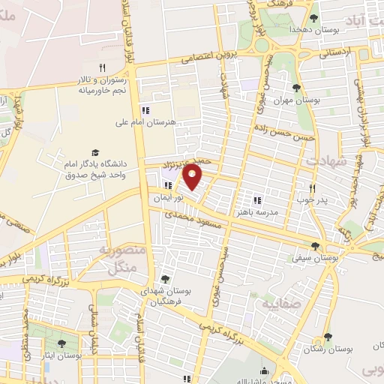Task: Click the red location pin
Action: click(x=193, y=175)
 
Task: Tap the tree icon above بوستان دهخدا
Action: click(x=313, y=18)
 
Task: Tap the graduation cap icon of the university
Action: click(x=95, y=152)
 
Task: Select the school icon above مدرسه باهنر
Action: click(x=257, y=200)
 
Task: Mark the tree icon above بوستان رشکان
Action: click(x=328, y=337)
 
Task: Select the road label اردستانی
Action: click(x=334, y=54)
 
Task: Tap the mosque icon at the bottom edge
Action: click(x=264, y=371)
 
